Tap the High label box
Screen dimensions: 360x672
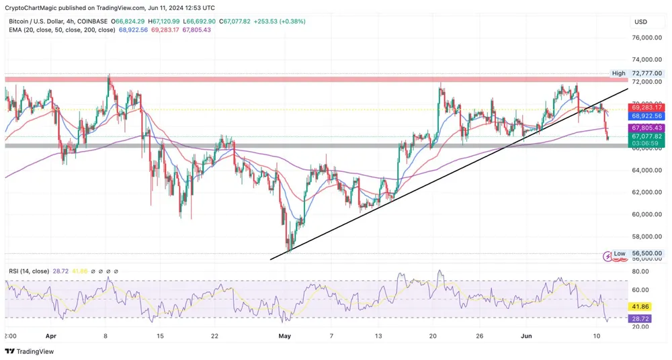coord(618,73)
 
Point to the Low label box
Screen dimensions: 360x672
coord(620,254)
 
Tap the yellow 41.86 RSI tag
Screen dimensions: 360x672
coord(640,306)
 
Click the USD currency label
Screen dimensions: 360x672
coord(640,21)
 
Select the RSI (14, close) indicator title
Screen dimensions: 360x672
coord(28,271)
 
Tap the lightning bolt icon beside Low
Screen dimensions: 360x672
coord(607,255)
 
